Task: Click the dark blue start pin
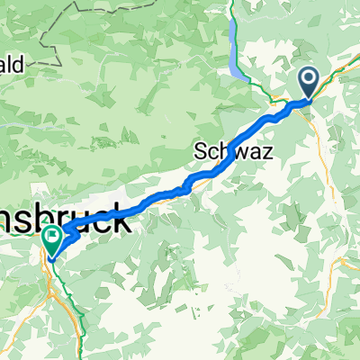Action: pos(309,83)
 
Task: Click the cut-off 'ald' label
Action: pos(18,66)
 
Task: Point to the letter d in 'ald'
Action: pos(27,66)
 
